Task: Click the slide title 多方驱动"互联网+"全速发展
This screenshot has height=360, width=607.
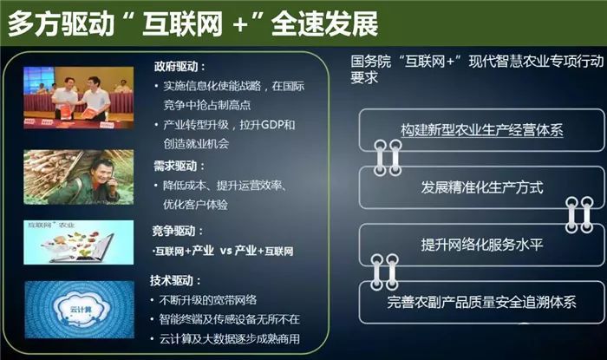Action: [193, 23]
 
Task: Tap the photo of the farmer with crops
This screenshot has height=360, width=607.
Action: [78, 177]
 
